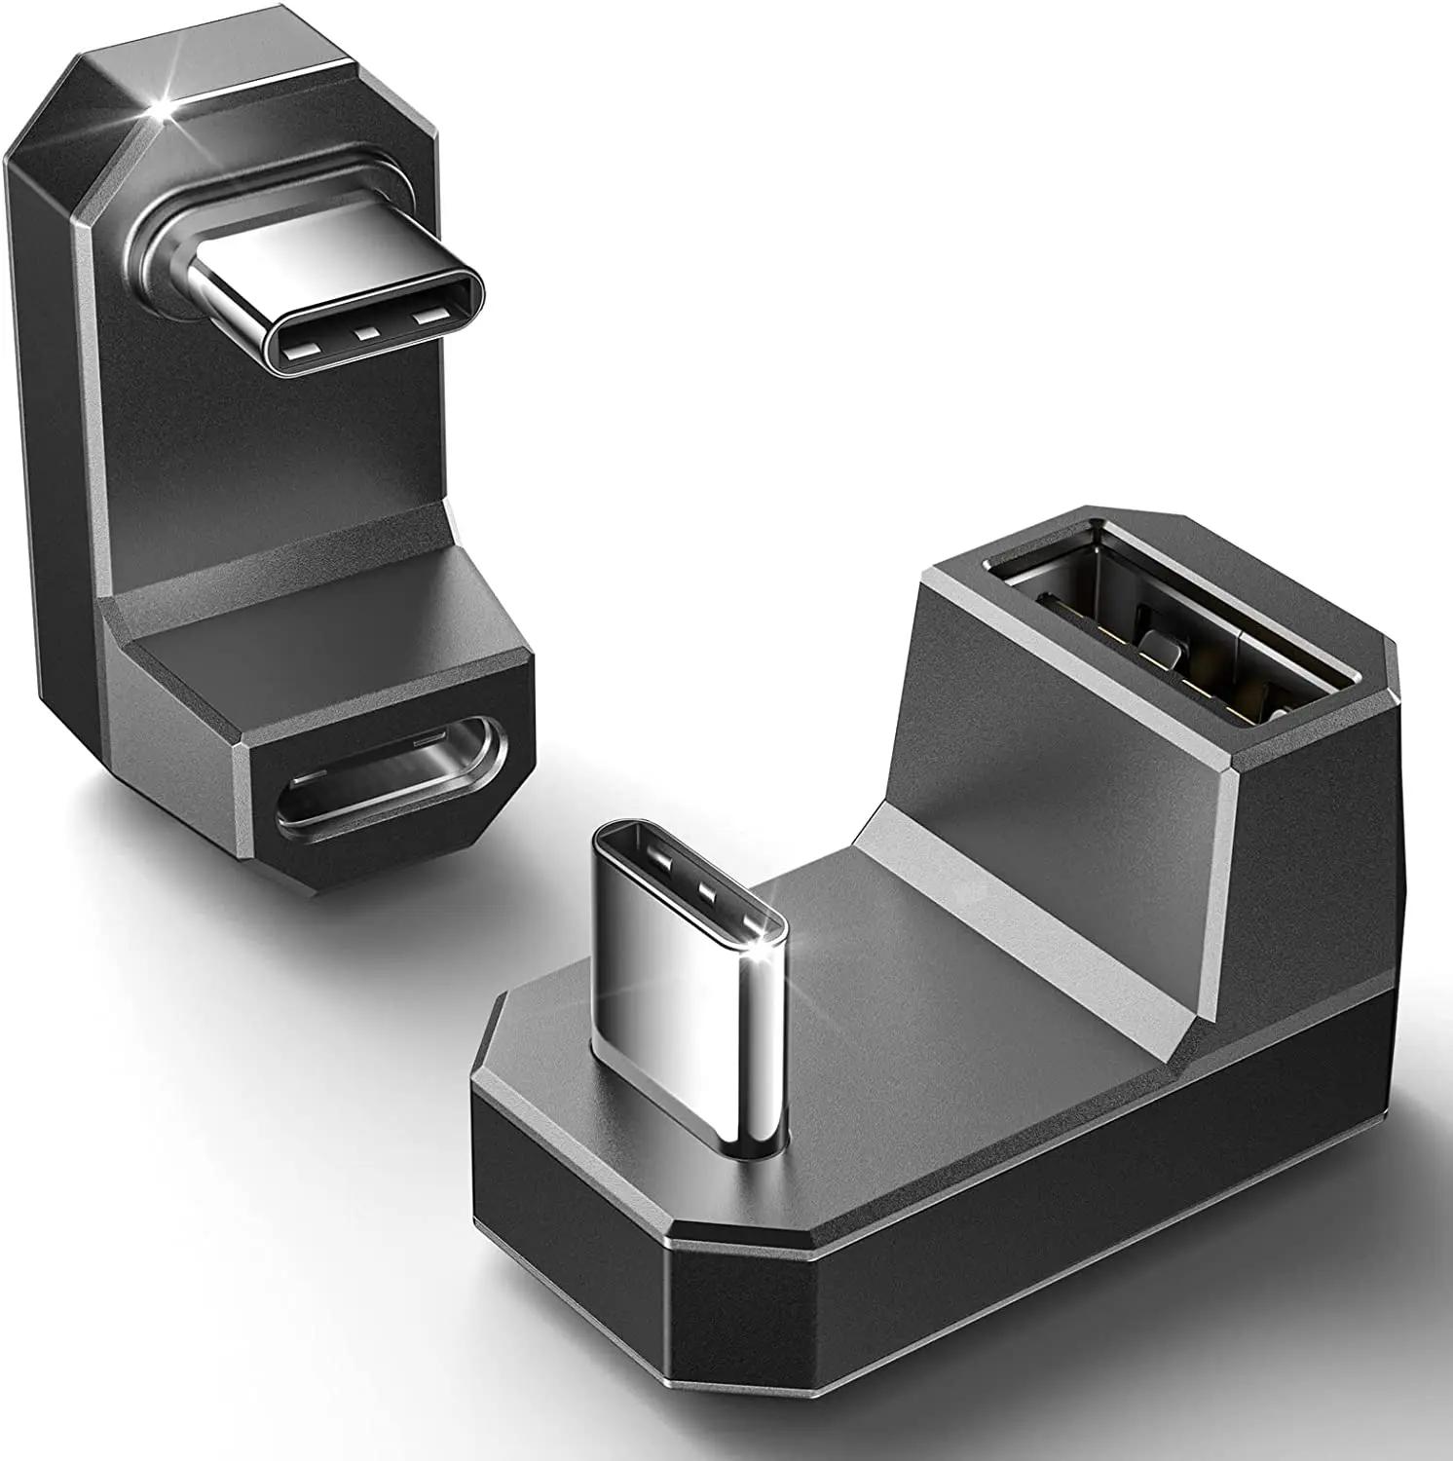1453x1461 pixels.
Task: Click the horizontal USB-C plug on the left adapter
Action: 331,312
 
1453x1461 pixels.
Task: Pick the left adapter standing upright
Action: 263,487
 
